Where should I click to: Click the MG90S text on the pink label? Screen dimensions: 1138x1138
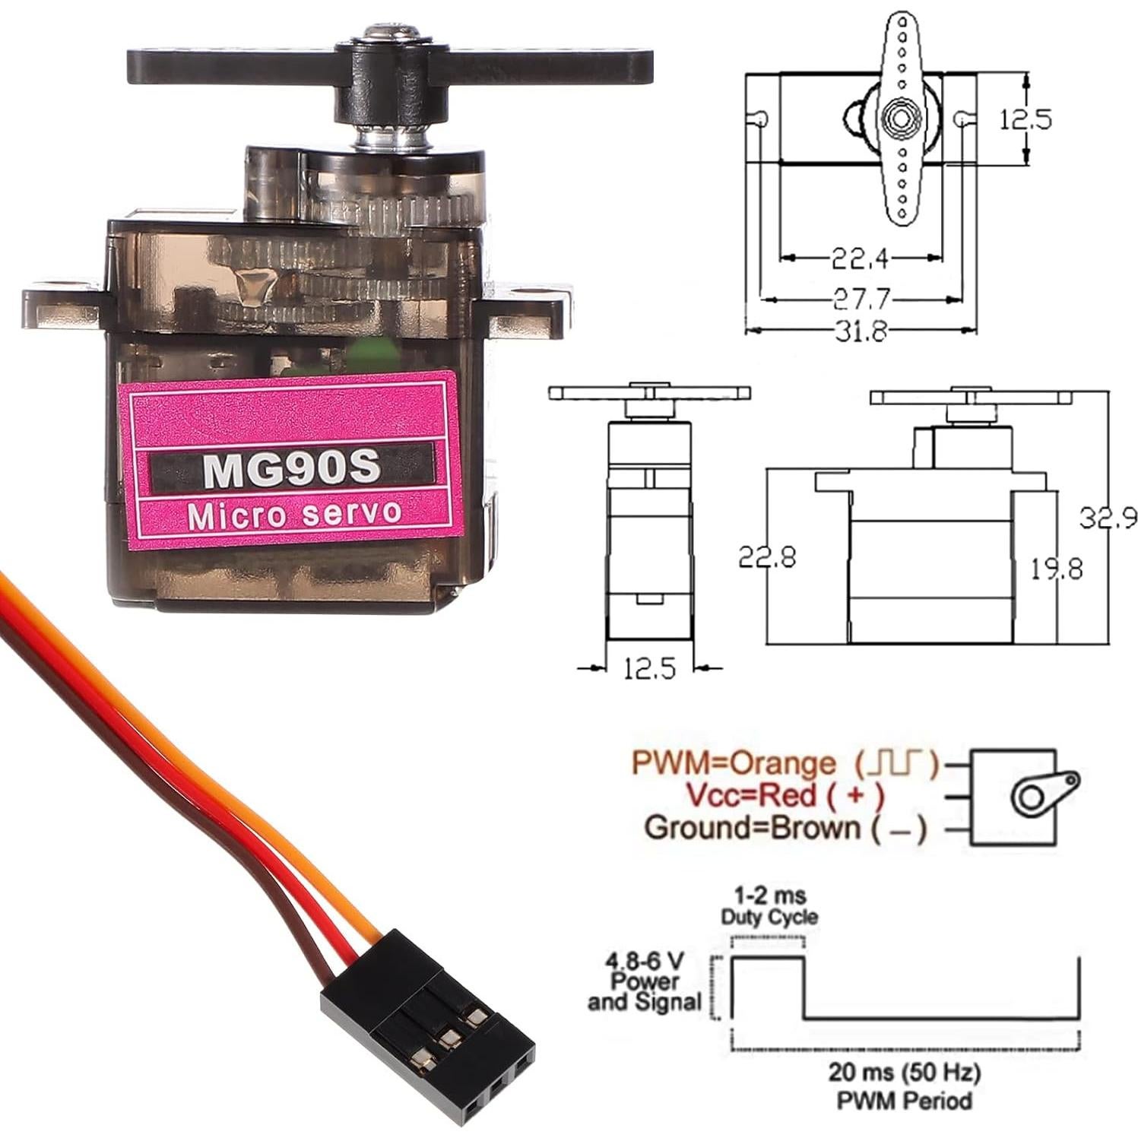291,468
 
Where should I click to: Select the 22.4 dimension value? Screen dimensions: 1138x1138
860,259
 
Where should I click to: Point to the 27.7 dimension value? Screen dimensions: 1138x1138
861,299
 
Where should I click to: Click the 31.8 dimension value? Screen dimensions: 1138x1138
861,331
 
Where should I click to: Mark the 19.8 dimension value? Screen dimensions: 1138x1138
1057,568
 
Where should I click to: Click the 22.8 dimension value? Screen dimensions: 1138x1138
767,557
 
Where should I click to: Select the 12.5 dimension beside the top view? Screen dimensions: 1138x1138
1025,119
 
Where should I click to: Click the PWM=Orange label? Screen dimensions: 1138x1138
734,762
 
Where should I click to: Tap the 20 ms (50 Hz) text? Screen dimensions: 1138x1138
904,1073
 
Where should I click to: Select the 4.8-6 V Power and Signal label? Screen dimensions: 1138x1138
643,982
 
